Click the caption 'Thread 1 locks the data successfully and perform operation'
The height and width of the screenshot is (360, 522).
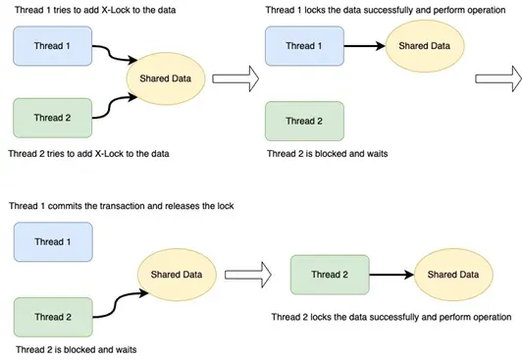[x=389, y=10]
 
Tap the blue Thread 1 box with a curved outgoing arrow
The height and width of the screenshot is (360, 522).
[x=52, y=45]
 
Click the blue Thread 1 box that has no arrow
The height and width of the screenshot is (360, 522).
[x=52, y=241]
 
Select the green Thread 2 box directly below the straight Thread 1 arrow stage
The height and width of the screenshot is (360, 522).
[x=304, y=121]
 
